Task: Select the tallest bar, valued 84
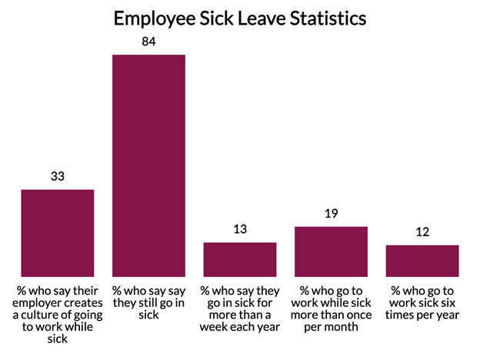(x=148, y=165)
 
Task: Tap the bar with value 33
(x=58, y=232)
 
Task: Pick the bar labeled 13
(x=239, y=259)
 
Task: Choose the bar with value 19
(x=331, y=252)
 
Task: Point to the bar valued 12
(x=422, y=261)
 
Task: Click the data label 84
(x=148, y=42)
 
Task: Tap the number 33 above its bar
(x=58, y=176)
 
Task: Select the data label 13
(x=239, y=229)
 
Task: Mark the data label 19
(x=331, y=214)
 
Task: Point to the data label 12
(x=422, y=232)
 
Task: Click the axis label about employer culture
(x=58, y=315)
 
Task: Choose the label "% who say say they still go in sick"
(x=148, y=303)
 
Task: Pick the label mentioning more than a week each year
(x=239, y=308)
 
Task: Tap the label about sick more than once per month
(x=331, y=308)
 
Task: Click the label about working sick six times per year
(x=422, y=302)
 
